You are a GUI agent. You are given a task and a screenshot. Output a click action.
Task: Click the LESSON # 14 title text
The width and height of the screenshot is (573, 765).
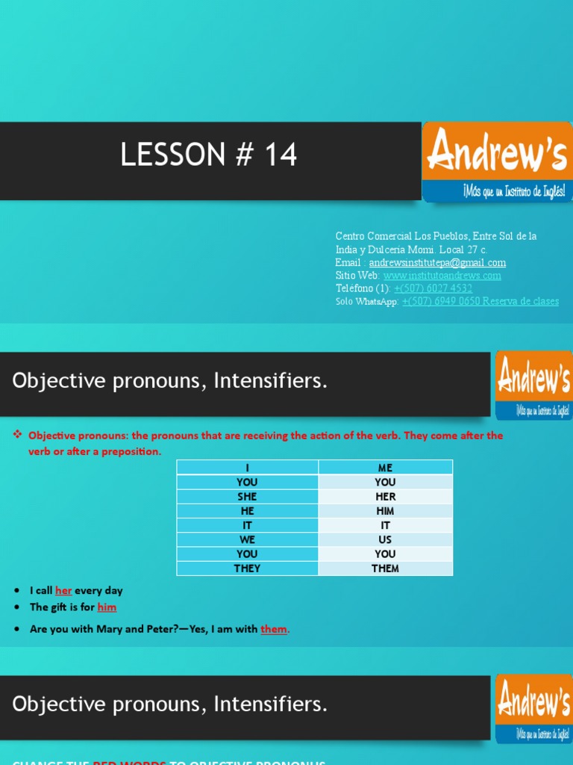[x=209, y=155]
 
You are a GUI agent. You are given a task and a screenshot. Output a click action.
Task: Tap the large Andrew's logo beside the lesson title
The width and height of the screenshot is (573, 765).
[x=497, y=161]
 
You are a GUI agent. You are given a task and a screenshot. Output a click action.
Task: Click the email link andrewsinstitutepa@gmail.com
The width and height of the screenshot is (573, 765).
[x=437, y=262]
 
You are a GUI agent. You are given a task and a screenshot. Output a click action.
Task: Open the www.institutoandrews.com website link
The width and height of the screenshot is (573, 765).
[x=442, y=275]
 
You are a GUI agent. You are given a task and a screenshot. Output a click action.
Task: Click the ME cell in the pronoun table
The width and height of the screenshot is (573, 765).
[x=385, y=468]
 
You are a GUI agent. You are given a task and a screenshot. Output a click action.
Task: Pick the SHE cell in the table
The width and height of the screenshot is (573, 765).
[x=247, y=497]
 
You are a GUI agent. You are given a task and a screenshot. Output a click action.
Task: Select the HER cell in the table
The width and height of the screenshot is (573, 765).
[x=385, y=497]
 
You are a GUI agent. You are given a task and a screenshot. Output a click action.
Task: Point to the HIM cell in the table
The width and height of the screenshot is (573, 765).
[x=385, y=511]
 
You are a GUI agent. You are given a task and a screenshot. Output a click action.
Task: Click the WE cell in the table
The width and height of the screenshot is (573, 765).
[x=247, y=539]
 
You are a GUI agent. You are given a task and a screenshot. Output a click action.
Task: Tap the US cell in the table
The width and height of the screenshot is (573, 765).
[x=385, y=539]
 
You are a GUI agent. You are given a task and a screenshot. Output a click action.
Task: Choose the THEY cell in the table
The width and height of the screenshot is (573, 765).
[x=247, y=569]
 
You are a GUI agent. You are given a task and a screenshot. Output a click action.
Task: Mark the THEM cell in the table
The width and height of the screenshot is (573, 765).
[x=385, y=569]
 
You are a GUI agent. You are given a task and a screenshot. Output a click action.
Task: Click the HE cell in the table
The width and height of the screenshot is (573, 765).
[x=247, y=511]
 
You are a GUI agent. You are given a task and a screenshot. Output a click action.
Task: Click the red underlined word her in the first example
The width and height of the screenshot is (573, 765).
[x=63, y=590]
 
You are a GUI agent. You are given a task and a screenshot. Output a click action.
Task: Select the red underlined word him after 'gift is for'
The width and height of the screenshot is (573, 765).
[x=107, y=607]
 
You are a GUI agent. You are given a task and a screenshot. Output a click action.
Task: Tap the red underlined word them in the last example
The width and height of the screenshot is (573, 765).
[x=274, y=629]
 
